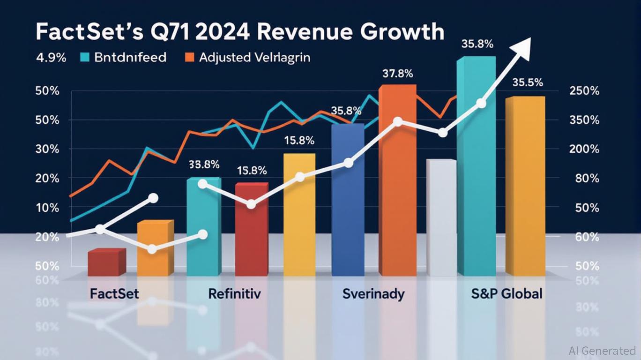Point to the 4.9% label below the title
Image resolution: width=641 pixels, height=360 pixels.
pos(51,58)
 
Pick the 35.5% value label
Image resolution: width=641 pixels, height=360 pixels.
pos(528,82)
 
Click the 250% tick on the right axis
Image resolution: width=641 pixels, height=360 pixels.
pos(584,91)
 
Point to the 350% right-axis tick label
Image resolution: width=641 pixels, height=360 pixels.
pos(584,120)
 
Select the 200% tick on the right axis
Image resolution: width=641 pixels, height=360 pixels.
pos(584,149)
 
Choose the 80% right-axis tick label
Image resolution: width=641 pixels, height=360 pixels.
pos(586,178)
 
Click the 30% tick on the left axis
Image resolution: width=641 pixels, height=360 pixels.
pos(47,149)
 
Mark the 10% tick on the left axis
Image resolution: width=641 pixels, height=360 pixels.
pos(47,207)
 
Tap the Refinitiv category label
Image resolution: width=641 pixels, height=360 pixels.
pos(234,294)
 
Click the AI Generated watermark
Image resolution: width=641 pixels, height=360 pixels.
pos(602,350)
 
